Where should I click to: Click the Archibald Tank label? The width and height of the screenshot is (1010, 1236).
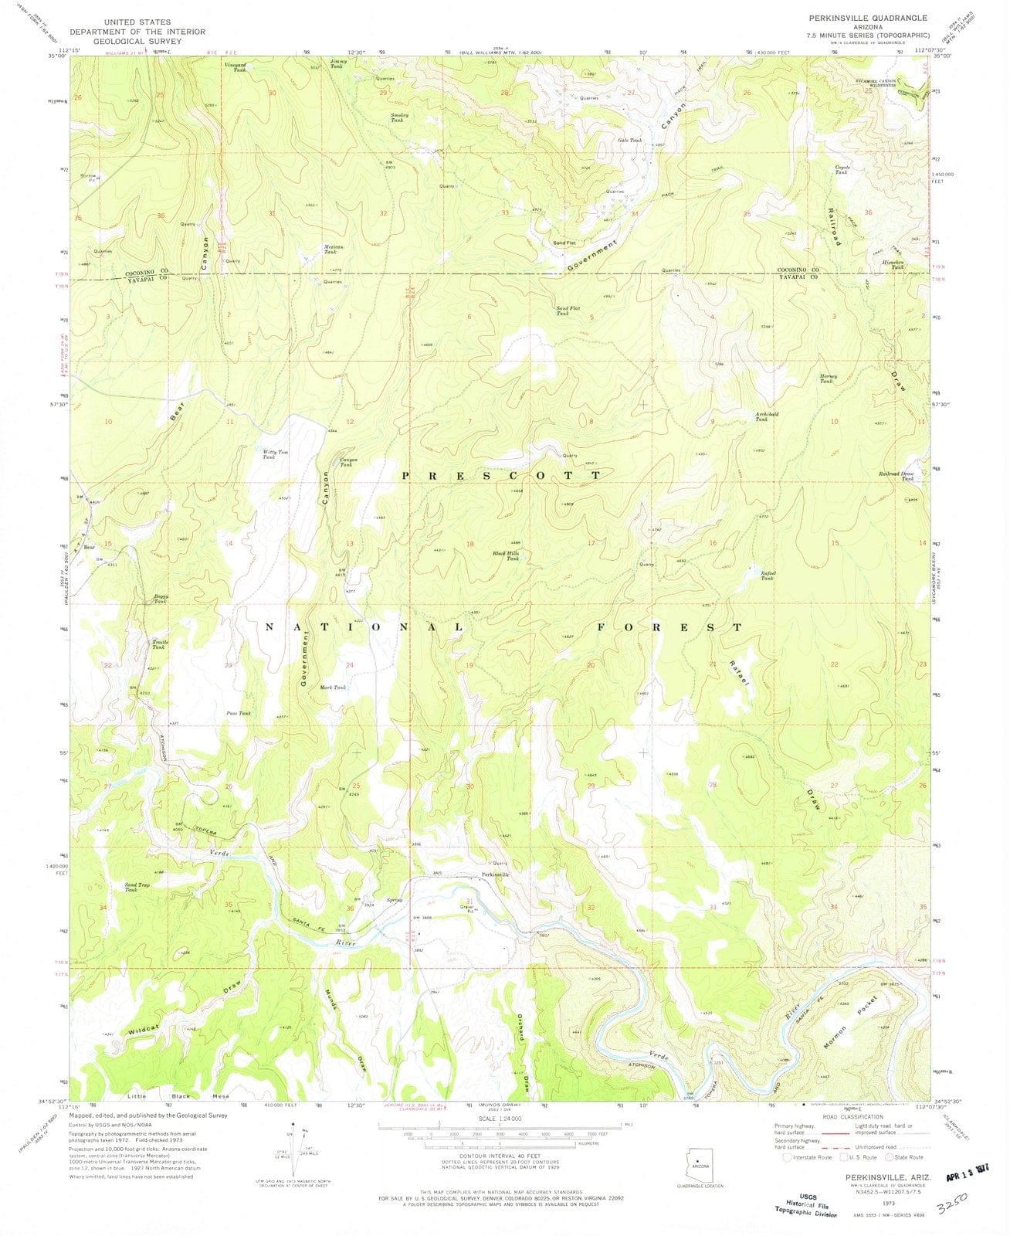[x=766, y=416]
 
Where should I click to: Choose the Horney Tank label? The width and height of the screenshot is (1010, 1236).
[x=828, y=379]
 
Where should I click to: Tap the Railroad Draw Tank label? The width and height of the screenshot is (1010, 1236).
[x=896, y=476]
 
